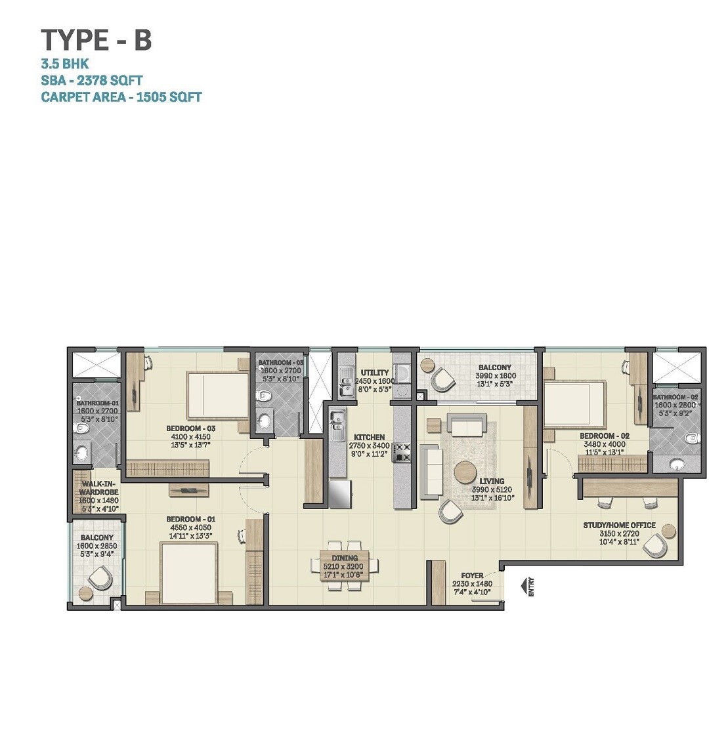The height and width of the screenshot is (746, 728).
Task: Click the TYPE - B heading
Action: tap(96, 40)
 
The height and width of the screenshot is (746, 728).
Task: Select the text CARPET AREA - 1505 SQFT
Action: tap(121, 97)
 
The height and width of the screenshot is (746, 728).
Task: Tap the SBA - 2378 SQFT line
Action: tap(92, 81)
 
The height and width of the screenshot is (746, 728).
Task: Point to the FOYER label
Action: tap(472, 575)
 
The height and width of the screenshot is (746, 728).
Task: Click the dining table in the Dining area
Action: tap(346, 565)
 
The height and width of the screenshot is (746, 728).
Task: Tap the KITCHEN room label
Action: tap(370, 438)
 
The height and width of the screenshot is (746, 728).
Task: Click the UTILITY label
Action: tap(375, 373)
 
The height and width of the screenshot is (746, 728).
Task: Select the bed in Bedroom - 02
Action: tap(574, 405)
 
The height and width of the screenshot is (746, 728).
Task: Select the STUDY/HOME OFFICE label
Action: tap(619, 525)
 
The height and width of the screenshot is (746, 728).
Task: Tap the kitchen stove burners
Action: tap(404, 452)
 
